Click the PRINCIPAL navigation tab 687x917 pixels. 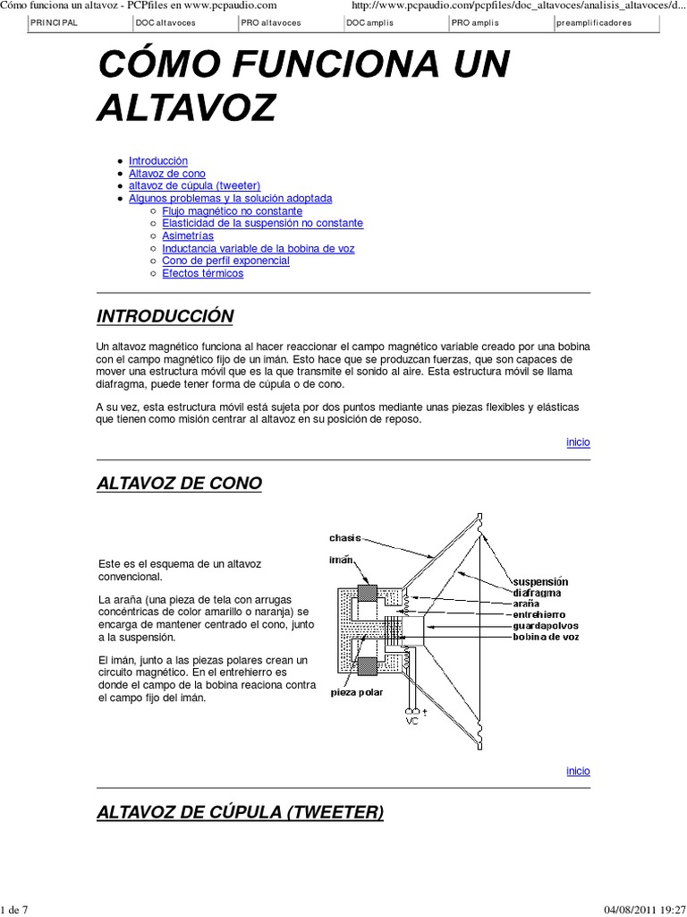(x=54, y=23)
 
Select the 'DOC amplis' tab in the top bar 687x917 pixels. (x=369, y=23)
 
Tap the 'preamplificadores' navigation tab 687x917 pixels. (x=593, y=23)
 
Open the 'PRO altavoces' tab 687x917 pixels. (x=271, y=23)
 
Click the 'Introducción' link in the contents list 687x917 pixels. (x=158, y=160)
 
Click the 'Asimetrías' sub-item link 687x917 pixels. (x=188, y=236)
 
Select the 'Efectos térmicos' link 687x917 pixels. (x=202, y=273)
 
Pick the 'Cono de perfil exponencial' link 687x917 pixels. (x=225, y=261)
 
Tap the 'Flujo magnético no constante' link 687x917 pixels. (x=232, y=210)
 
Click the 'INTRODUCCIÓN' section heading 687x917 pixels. (x=165, y=316)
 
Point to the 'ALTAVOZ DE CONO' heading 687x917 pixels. (x=179, y=484)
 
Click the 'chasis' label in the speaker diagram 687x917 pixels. (x=344, y=538)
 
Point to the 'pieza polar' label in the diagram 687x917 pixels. (x=355, y=691)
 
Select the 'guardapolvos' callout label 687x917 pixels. (x=546, y=626)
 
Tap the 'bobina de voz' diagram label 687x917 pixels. (x=546, y=638)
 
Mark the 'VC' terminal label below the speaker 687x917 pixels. (x=412, y=720)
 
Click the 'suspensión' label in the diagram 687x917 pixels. (x=540, y=581)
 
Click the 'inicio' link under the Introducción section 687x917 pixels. (x=578, y=442)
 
